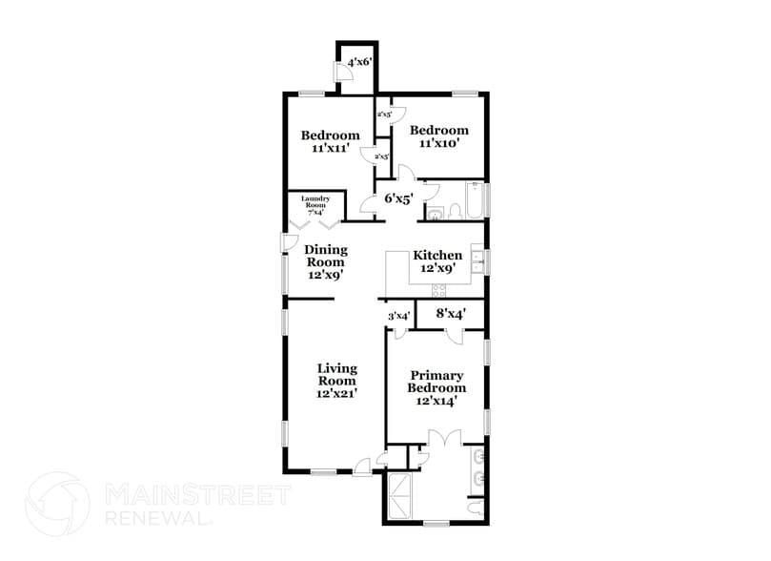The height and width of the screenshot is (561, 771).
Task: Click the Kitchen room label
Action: point(437,262)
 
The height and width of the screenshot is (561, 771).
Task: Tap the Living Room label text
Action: point(336,380)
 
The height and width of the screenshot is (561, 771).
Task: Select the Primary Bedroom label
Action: point(436,388)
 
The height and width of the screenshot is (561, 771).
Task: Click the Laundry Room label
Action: point(315,205)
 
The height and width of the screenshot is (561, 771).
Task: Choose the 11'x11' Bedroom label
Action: point(331,142)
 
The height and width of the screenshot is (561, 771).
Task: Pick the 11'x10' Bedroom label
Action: point(439,136)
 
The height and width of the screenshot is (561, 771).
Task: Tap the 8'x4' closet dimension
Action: point(451,313)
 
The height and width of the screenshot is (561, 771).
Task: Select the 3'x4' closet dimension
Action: point(398,316)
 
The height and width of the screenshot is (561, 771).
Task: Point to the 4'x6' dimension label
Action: point(359,62)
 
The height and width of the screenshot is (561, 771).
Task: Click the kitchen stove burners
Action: point(440,290)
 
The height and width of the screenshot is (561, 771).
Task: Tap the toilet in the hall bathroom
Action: point(435,212)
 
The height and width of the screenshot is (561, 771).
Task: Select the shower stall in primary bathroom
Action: point(400,494)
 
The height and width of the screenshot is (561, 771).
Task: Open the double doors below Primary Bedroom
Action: point(445,440)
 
